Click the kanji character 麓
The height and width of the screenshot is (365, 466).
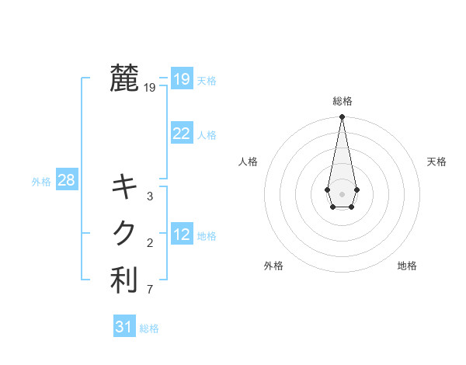point(124,78)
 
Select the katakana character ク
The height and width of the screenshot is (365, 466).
point(124,233)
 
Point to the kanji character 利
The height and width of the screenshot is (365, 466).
point(124,280)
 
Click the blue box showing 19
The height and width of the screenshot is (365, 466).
point(181,79)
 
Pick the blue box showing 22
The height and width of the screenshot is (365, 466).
point(181,134)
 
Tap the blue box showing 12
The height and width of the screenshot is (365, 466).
point(181,235)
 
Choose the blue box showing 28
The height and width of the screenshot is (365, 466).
point(66,180)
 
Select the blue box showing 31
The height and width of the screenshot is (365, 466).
point(124,327)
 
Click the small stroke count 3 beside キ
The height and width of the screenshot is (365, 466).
point(150,196)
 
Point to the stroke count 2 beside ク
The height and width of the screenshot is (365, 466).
point(150,244)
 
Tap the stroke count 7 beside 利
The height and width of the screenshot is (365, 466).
point(150,290)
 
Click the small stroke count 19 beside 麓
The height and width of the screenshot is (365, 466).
point(150,89)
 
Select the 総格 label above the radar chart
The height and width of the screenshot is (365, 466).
point(342,101)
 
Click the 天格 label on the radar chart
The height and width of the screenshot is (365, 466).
point(436,162)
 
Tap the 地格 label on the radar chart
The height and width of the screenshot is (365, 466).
point(407,266)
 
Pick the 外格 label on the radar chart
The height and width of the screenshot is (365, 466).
point(273,266)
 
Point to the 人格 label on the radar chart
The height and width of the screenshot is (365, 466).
point(248,162)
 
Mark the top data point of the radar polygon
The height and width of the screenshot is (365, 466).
point(342,116)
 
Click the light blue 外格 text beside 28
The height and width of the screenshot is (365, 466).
point(41,182)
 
